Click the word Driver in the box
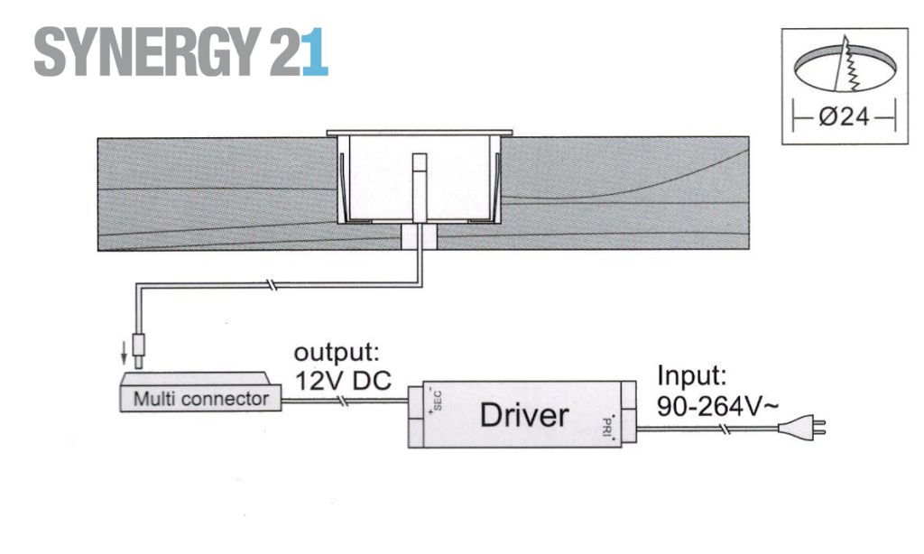click(524, 415)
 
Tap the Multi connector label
click(201, 399)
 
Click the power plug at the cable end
click(801, 427)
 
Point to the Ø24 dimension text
click(844, 117)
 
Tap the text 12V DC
click(342, 380)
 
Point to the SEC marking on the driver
click(436, 400)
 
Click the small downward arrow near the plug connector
click(124, 353)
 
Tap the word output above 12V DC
click(337, 353)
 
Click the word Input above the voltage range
click(692, 375)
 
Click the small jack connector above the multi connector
click(140, 350)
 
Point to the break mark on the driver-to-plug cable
click(726, 429)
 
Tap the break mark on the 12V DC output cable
click(342, 402)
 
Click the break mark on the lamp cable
click(269, 285)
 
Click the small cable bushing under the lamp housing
click(419, 236)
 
